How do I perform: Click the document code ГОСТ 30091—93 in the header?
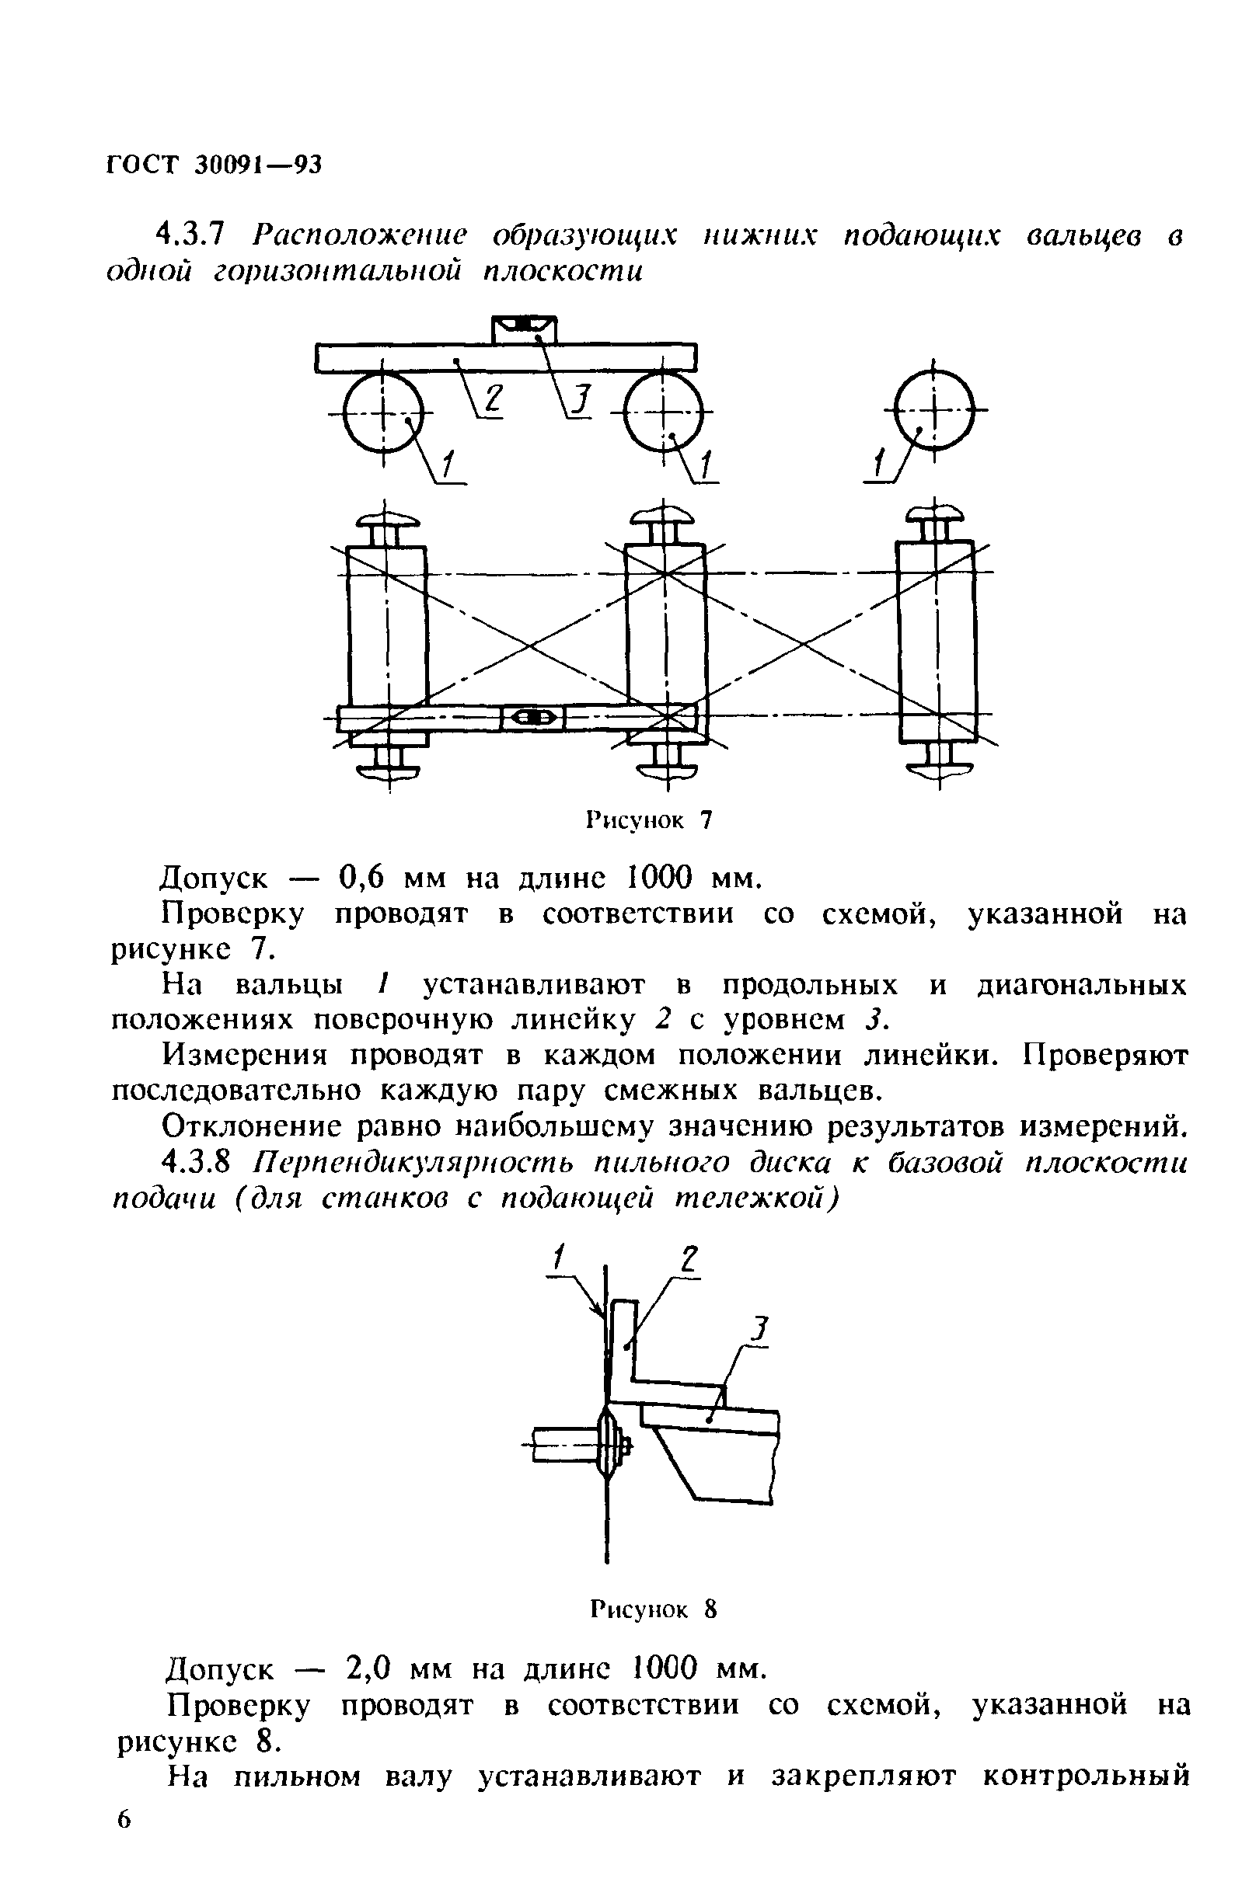tap(213, 164)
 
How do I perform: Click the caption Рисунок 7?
tap(650, 820)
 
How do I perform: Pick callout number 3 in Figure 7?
tap(582, 399)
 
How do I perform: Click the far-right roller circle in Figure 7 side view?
tap(934, 410)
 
